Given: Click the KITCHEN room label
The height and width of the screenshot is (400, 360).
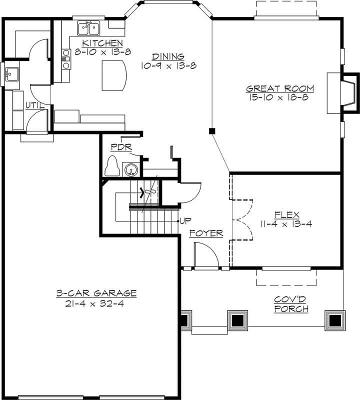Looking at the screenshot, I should [x=102, y=43].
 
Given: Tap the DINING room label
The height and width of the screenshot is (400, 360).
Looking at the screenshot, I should [x=168, y=56].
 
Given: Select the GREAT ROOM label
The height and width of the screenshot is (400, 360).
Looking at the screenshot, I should [x=280, y=89].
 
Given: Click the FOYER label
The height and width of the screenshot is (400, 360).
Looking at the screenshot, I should [x=206, y=233].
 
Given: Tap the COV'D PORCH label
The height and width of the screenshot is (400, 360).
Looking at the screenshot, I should [x=290, y=303].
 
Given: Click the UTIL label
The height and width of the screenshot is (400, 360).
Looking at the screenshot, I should [x=34, y=106].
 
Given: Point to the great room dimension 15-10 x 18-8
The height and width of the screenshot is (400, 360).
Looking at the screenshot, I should [x=280, y=98].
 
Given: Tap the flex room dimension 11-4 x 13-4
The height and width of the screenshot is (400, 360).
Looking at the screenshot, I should [x=286, y=224].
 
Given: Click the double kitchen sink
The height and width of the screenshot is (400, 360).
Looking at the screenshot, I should [x=89, y=27].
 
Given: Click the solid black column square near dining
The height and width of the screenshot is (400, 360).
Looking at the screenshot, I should [x=212, y=131].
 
